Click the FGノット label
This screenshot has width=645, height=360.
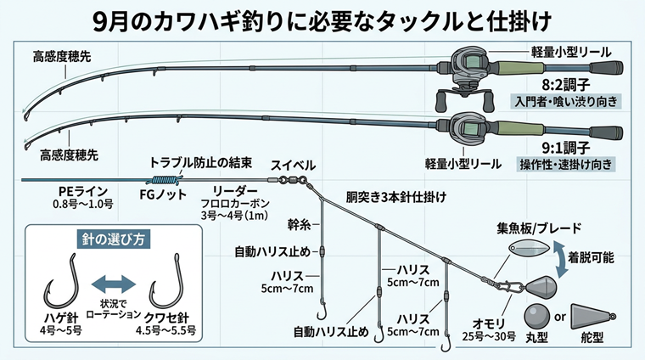pyautogui.click(x=163, y=194)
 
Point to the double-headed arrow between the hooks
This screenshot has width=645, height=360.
pyautogui.click(x=113, y=284)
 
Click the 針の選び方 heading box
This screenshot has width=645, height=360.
pyautogui.click(x=113, y=239)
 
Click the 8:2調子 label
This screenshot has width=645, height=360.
pyautogui.click(x=566, y=84)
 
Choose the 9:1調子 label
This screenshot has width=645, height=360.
pyautogui.click(x=566, y=147)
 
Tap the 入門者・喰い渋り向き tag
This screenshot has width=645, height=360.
pyautogui.click(x=566, y=101)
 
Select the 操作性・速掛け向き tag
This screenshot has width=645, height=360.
pyautogui.click(x=566, y=164)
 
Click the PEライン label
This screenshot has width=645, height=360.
pyautogui.click(x=82, y=192)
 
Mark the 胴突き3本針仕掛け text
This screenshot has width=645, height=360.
pyautogui.click(x=395, y=197)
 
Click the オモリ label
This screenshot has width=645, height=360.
pyautogui.click(x=489, y=323)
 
